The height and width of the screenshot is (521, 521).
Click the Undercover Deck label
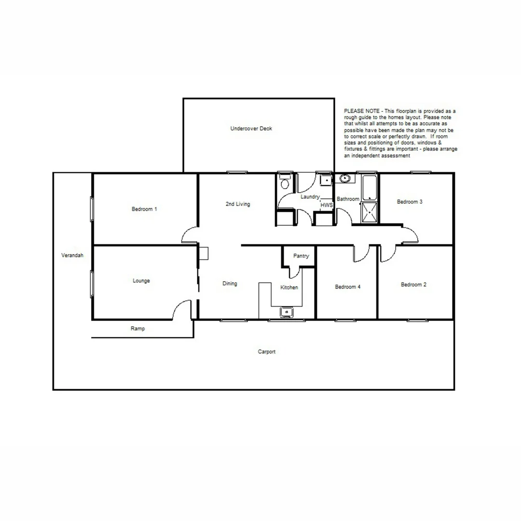pos(251,128)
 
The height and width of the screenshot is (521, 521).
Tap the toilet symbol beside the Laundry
pos(285,183)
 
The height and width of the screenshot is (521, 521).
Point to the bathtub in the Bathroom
pos(370,188)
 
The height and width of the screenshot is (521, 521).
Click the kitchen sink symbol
pos(287,312)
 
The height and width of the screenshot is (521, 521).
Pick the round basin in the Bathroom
pos(344,178)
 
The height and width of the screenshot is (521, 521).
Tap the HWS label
pos(327,205)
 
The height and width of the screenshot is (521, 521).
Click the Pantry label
pos(301,256)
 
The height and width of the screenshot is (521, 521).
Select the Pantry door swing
pos(294,273)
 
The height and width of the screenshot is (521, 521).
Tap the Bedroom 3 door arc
pos(411,235)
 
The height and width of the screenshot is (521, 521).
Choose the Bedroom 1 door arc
pos(189,235)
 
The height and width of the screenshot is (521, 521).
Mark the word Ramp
pos(137,329)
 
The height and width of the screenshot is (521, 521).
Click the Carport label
pos(266,352)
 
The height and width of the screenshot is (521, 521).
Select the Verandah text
pos(72,255)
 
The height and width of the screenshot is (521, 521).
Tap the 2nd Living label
pos(238,204)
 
